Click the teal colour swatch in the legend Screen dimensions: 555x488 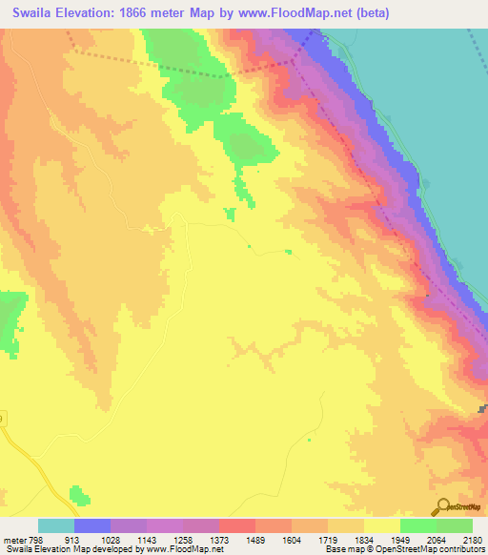[56, 525]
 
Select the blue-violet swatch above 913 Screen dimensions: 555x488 [92, 525]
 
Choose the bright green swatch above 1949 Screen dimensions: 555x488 [418, 525]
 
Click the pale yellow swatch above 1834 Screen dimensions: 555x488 [382, 525]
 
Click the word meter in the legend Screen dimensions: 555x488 [13, 539]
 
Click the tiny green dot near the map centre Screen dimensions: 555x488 [250, 246]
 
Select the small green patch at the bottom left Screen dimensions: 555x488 [80, 497]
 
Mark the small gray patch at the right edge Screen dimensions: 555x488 [483, 409]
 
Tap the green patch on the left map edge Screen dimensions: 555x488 [10, 319]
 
